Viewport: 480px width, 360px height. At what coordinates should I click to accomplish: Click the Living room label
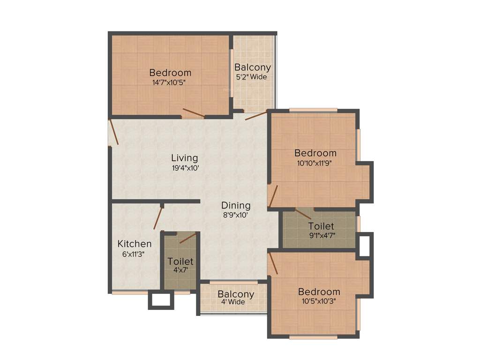pos(184,158)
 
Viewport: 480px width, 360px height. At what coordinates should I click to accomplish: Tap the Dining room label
pos(236,205)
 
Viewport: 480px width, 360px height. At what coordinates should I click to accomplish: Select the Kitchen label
pos(134,244)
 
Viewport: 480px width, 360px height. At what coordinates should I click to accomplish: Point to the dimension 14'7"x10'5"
pos(170,82)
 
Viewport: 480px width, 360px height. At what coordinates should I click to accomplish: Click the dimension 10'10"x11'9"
pos(315,163)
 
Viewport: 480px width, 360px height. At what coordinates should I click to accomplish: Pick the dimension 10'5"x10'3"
pos(319,301)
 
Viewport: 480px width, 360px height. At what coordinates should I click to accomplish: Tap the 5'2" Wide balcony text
pos(253,77)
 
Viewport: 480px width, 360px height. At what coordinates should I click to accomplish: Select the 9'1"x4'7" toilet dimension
pos(321,236)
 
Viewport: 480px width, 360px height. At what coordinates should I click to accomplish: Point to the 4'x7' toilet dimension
pos(180,270)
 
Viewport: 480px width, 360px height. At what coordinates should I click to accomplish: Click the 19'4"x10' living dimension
pos(186,167)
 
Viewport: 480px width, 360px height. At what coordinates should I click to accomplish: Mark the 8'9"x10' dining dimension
pos(235,215)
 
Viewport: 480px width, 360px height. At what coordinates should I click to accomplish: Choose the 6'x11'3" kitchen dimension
pos(134,254)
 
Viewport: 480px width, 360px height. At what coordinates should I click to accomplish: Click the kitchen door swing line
pos(157,218)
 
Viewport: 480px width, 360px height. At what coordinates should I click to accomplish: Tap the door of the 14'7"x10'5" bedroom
pos(193,112)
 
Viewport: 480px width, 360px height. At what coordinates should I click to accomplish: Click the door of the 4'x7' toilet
pos(187,238)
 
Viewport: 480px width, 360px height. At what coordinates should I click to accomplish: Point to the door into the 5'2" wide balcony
pos(256,115)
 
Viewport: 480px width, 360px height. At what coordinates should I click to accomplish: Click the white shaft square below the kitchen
pos(161,300)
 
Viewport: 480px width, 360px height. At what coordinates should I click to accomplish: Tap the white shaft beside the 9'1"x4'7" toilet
pos(364,245)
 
